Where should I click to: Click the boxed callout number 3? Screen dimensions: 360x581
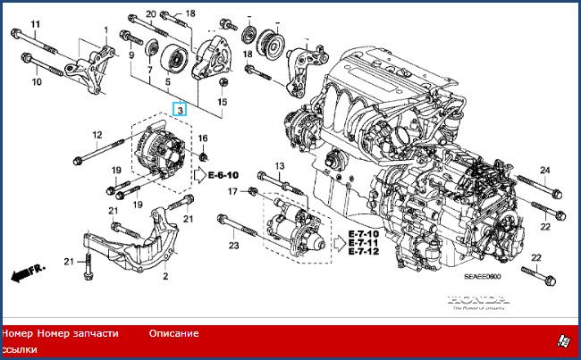[180, 110]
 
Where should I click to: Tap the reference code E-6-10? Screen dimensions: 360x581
[223, 174]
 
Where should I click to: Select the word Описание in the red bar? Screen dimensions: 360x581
[173, 333]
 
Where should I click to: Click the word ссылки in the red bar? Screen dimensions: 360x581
[19, 349]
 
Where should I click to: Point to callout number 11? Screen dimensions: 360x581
[36, 22]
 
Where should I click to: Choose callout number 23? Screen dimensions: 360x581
[234, 245]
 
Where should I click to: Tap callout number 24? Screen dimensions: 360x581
[544, 170]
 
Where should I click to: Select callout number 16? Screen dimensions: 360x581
[203, 138]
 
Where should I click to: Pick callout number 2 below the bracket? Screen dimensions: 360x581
[164, 277]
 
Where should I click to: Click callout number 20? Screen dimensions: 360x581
[151, 13]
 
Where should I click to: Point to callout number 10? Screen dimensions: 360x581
[37, 82]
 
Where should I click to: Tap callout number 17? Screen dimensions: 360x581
[231, 191]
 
